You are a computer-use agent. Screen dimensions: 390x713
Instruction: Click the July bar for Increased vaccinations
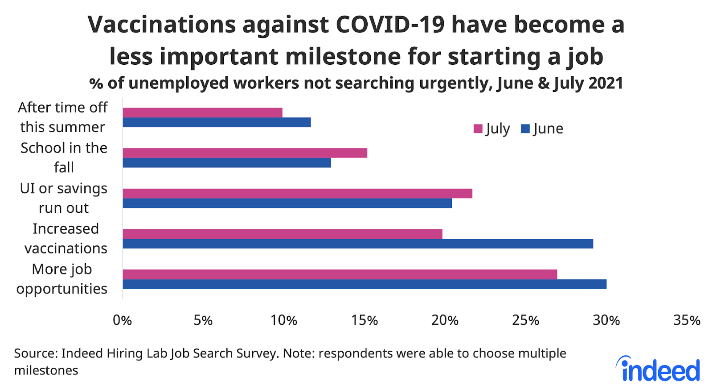283,234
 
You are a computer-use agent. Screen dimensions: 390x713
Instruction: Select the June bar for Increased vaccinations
358,244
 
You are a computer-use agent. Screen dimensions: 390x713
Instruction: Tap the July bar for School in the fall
245,153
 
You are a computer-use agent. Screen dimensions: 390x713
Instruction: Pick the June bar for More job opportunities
365,284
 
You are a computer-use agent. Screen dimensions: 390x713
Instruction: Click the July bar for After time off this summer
202,112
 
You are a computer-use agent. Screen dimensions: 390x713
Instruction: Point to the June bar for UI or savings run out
287,203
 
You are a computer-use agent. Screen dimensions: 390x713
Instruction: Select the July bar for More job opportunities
340,274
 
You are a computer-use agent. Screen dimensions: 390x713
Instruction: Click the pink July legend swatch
478,129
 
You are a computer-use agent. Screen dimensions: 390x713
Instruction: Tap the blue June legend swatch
525,129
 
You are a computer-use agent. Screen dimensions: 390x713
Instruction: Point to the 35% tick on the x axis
687,320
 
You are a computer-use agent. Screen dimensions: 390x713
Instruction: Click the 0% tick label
122,320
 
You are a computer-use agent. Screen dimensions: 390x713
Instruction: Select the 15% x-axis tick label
365,320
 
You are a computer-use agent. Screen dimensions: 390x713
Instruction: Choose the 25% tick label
526,320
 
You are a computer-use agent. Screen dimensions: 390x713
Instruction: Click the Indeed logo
659,369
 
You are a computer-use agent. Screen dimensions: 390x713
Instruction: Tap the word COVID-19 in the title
390,25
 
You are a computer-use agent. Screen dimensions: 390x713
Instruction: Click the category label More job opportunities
62,279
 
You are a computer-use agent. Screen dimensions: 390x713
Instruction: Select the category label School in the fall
64,158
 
